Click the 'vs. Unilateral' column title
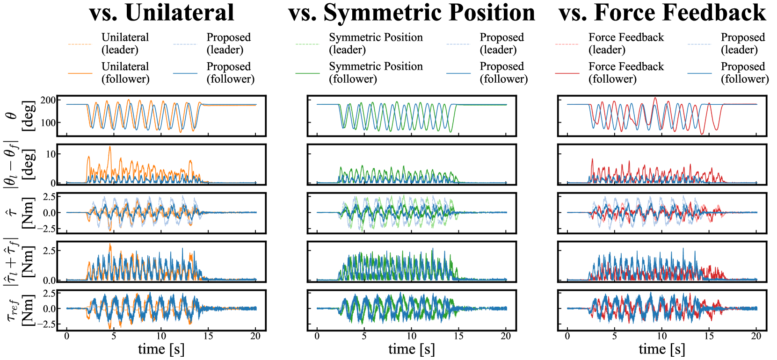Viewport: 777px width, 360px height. [x=161, y=13]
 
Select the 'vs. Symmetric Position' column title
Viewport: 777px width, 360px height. [x=412, y=13]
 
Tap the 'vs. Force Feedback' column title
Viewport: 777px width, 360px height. [x=662, y=13]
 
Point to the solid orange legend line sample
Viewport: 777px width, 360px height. [x=80, y=73]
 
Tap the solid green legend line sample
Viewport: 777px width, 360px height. [x=307, y=73]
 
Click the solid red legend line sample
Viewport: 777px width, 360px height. [x=567, y=73]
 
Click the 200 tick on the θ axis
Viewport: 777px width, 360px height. [x=48, y=100]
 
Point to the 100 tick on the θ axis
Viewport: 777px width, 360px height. [x=48, y=123]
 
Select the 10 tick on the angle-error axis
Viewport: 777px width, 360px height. [x=51, y=154]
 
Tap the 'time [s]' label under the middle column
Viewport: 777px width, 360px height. [x=412, y=349]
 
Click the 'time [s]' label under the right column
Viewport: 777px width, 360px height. [x=662, y=349]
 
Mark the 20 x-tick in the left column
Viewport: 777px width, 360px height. [x=255, y=336]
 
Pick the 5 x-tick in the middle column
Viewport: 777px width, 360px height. [x=364, y=336]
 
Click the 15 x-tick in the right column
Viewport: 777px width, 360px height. [x=709, y=336]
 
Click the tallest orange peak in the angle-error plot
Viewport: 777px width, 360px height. [x=110, y=147]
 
